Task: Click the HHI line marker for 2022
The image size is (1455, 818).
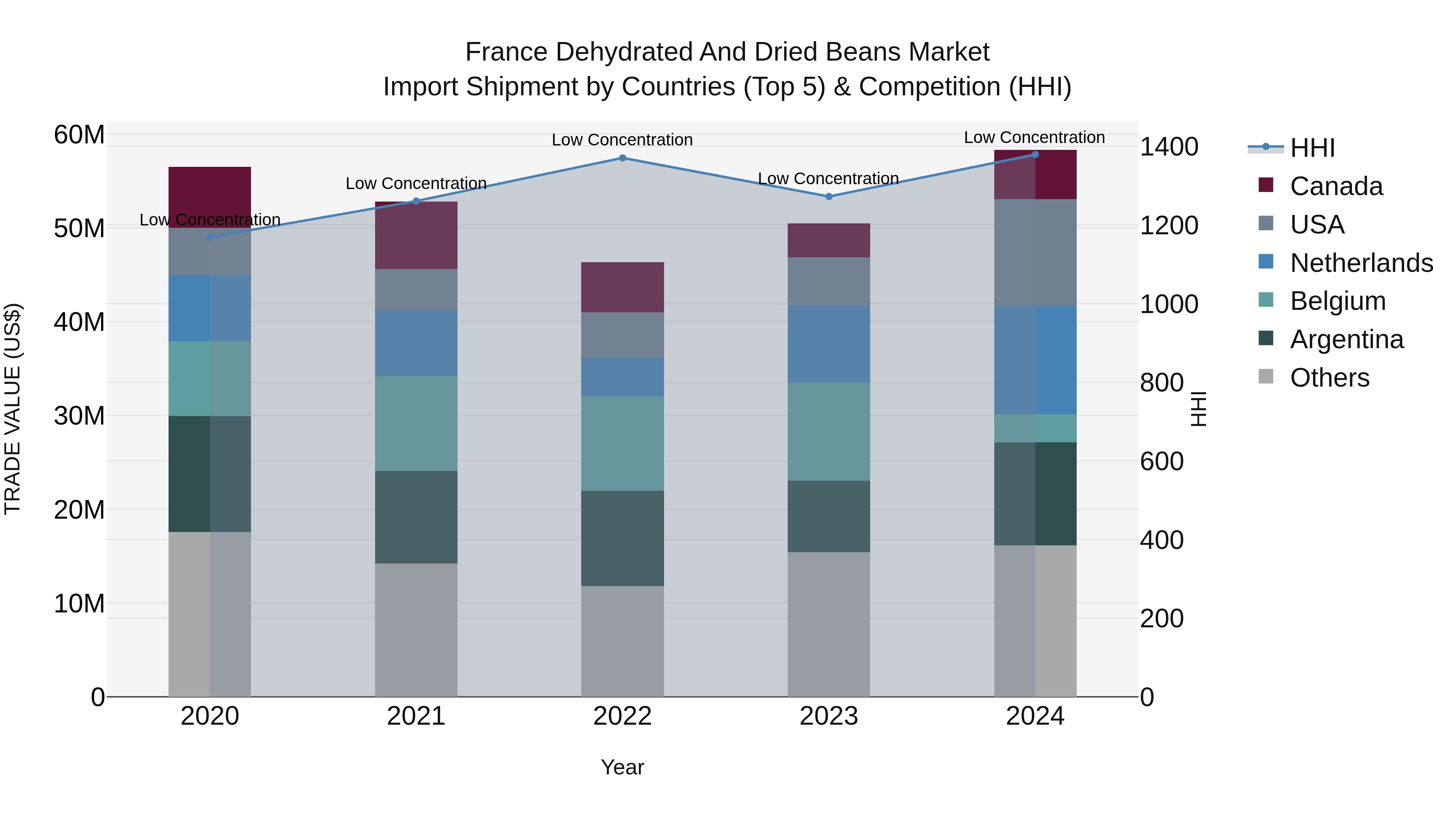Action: (622, 158)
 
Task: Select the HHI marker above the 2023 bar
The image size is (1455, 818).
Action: (829, 196)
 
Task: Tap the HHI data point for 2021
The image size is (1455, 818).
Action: (416, 201)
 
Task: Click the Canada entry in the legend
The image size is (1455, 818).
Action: (1337, 186)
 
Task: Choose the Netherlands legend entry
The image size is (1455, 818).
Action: (1361, 263)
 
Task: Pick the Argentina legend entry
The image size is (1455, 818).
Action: (1347, 339)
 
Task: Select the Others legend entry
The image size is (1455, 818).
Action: (1330, 378)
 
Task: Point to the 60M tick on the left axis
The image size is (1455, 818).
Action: (79, 135)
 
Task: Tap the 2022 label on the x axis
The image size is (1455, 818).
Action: (622, 716)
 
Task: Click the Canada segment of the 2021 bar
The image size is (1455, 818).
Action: (416, 236)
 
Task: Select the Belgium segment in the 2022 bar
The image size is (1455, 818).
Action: (622, 443)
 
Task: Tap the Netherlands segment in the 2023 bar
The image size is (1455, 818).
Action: (829, 344)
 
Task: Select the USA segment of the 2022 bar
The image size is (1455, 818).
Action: (622, 335)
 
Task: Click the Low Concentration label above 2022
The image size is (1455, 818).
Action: (622, 140)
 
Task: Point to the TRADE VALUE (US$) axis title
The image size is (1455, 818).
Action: (13, 409)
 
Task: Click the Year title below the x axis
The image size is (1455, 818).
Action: (622, 767)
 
